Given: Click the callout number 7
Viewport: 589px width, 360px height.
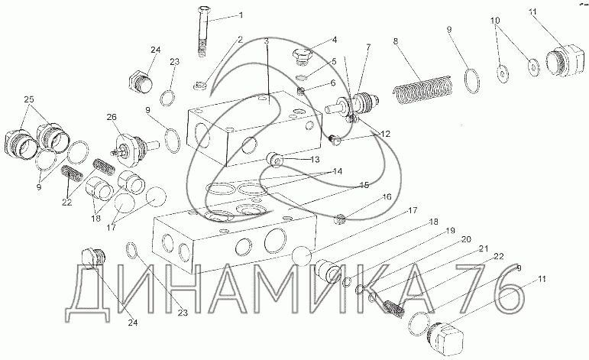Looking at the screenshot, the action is pos(367,47).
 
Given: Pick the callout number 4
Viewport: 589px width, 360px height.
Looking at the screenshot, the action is pos(335,40).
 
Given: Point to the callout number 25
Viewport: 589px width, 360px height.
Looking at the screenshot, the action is pos(29,99).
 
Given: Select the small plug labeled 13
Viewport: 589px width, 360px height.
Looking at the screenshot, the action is pos(276,159).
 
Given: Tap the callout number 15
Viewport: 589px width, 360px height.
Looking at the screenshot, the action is pos(364,184).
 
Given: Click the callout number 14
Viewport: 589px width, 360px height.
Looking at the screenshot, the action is pos(338,170).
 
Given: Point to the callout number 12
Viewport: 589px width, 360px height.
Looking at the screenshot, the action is pos(385,134).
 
